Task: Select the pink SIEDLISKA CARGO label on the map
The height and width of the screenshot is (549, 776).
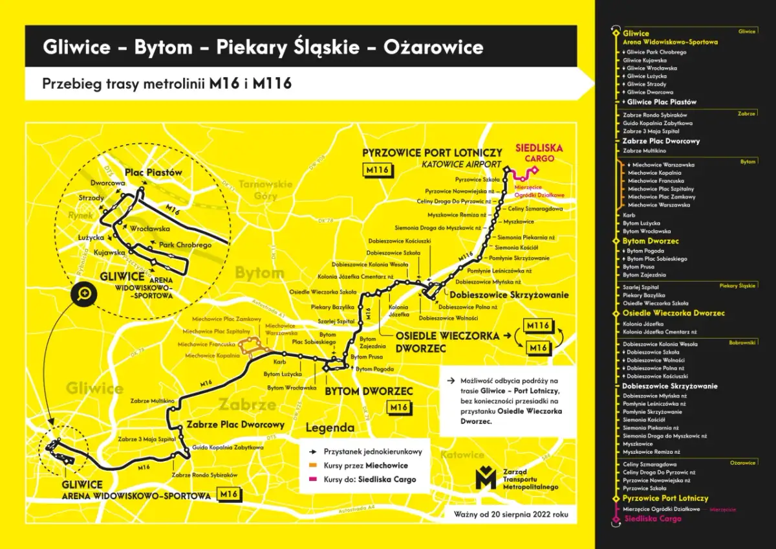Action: (539, 153)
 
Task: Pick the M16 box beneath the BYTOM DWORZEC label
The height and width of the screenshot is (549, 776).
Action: (398, 407)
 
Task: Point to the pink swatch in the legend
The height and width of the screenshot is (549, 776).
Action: (312, 480)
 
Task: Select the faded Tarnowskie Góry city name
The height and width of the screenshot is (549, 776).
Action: (266, 190)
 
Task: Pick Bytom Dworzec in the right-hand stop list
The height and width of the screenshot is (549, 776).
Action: (651, 241)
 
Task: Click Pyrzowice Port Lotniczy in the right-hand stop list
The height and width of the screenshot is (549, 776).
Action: (665, 499)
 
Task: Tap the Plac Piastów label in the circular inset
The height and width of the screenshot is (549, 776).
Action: (153, 173)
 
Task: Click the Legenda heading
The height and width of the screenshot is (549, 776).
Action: (330, 428)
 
